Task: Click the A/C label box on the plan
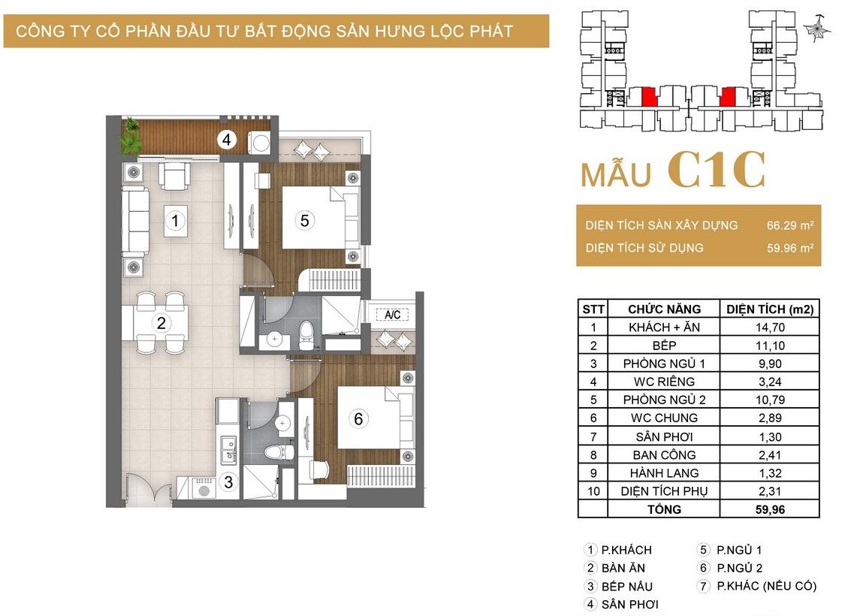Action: (x=392, y=315)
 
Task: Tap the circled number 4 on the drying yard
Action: (x=226, y=140)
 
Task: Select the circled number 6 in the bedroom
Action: (x=358, y=418)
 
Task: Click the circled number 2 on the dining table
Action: (x=161, y=323)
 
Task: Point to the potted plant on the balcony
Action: (x=131, y=136)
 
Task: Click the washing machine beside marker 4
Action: (x=260, y=143)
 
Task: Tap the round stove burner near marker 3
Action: (x=204, y=492)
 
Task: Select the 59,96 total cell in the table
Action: (x=770, y=509)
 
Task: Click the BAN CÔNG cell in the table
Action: (x=664, y=454)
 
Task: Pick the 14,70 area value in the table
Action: (x=770, y=328)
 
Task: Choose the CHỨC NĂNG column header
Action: (x=664, y=310)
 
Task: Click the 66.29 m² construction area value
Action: (x=789, y=225)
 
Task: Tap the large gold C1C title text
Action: (x=717, y=170)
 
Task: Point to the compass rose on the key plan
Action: (x=816, y=29)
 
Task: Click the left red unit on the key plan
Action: (x=649, y=97)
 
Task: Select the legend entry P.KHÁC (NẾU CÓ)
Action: (x=766, y=586)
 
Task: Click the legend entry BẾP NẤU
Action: (x=626, y=587)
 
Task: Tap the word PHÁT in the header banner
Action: (x=491, y=31)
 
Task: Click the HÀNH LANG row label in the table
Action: (x=664, y=473)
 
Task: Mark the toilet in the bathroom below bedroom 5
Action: (x=306, y=334)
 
